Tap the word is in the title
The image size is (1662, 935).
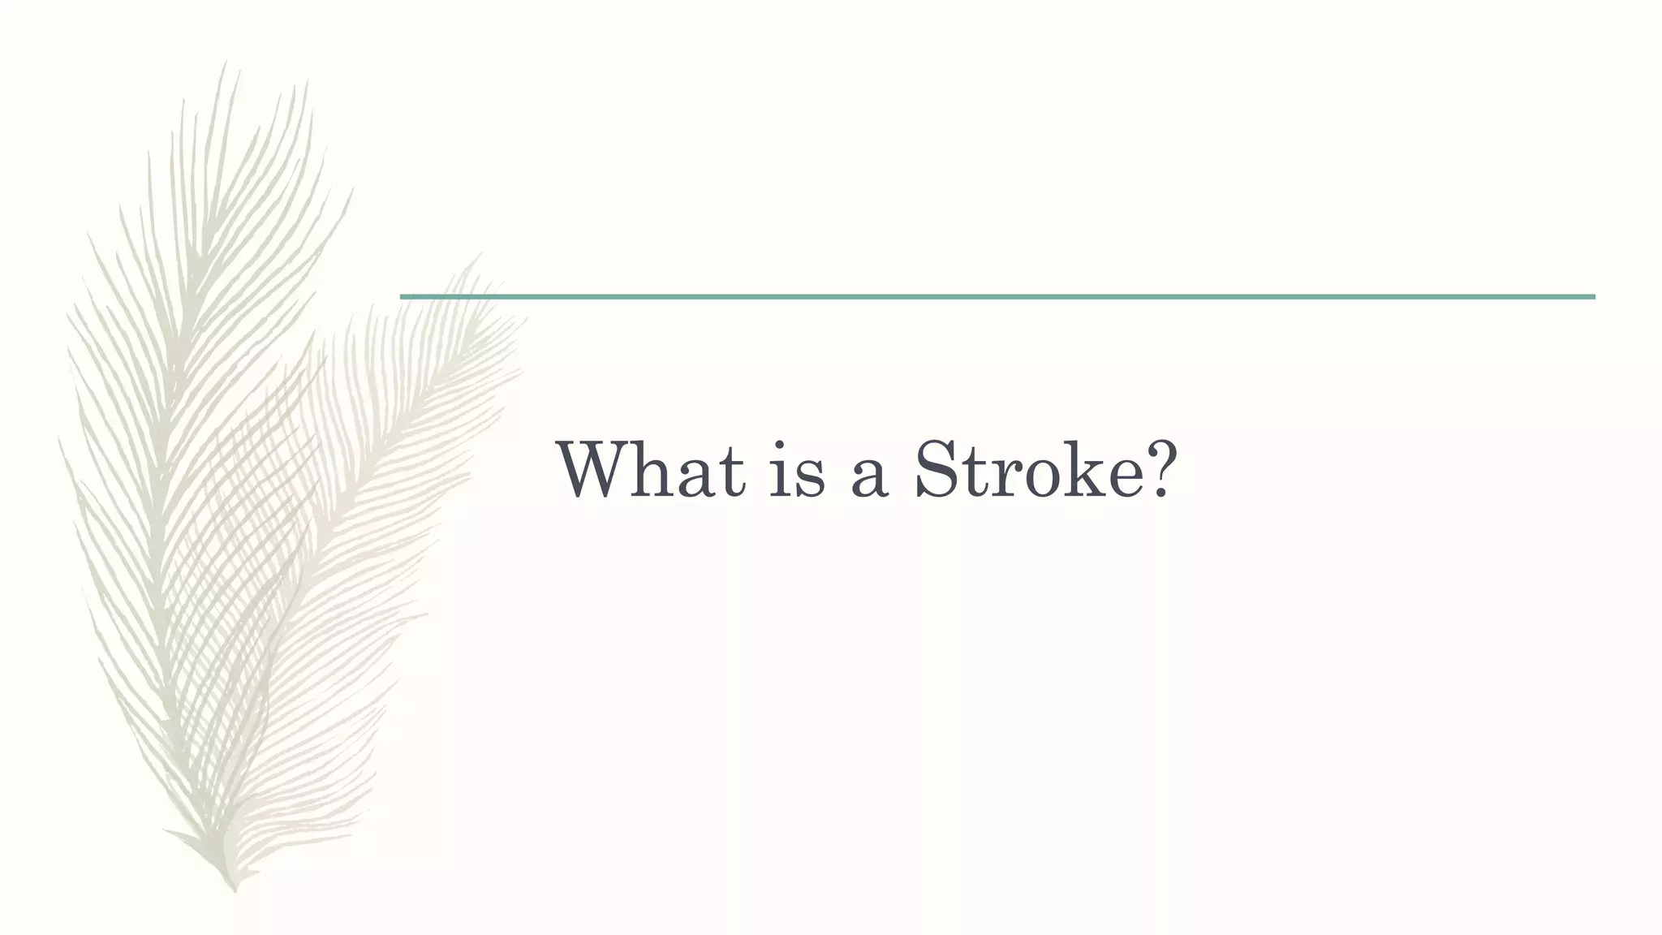pos(797,471)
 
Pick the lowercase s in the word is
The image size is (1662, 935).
pos(809,479)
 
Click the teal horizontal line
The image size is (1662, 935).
pos(997,297)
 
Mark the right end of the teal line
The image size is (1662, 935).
pos(1593,297)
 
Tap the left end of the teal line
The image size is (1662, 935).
pos(403,297)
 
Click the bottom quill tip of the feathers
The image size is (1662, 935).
pos(235,890)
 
